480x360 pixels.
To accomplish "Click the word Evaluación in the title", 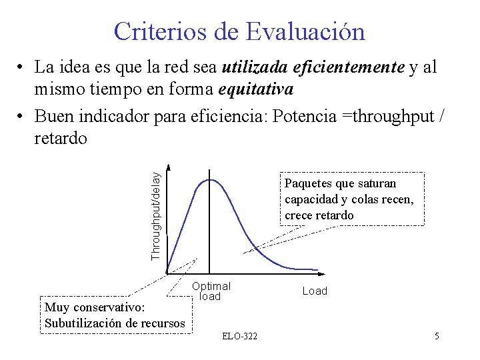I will coord(305,31).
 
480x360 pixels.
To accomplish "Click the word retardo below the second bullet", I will coord(61,138).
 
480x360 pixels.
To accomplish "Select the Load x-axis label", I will coord(315,291).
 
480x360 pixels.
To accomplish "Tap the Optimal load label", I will coord(211,291).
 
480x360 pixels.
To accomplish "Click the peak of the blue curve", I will coord(211,179).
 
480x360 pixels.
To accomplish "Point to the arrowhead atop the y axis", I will coord(168,167).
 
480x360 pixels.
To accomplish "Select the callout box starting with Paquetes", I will coord(351,199).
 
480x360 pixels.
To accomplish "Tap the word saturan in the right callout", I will coord(377,183).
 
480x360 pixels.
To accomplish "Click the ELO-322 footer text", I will coord(239,336).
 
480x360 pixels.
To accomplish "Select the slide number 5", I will coord(436,336).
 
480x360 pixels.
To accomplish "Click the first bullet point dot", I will coord(22,68).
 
